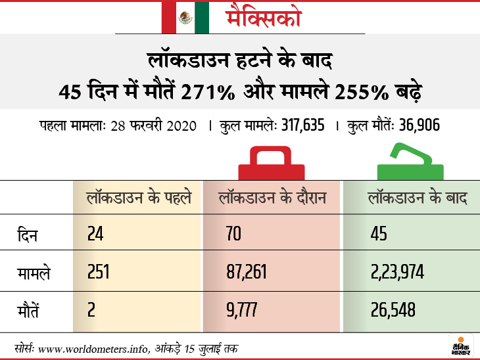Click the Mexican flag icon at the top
(185, 17)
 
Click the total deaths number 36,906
(414, 125)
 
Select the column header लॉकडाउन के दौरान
(272, 197)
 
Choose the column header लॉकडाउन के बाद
(417, 197)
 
